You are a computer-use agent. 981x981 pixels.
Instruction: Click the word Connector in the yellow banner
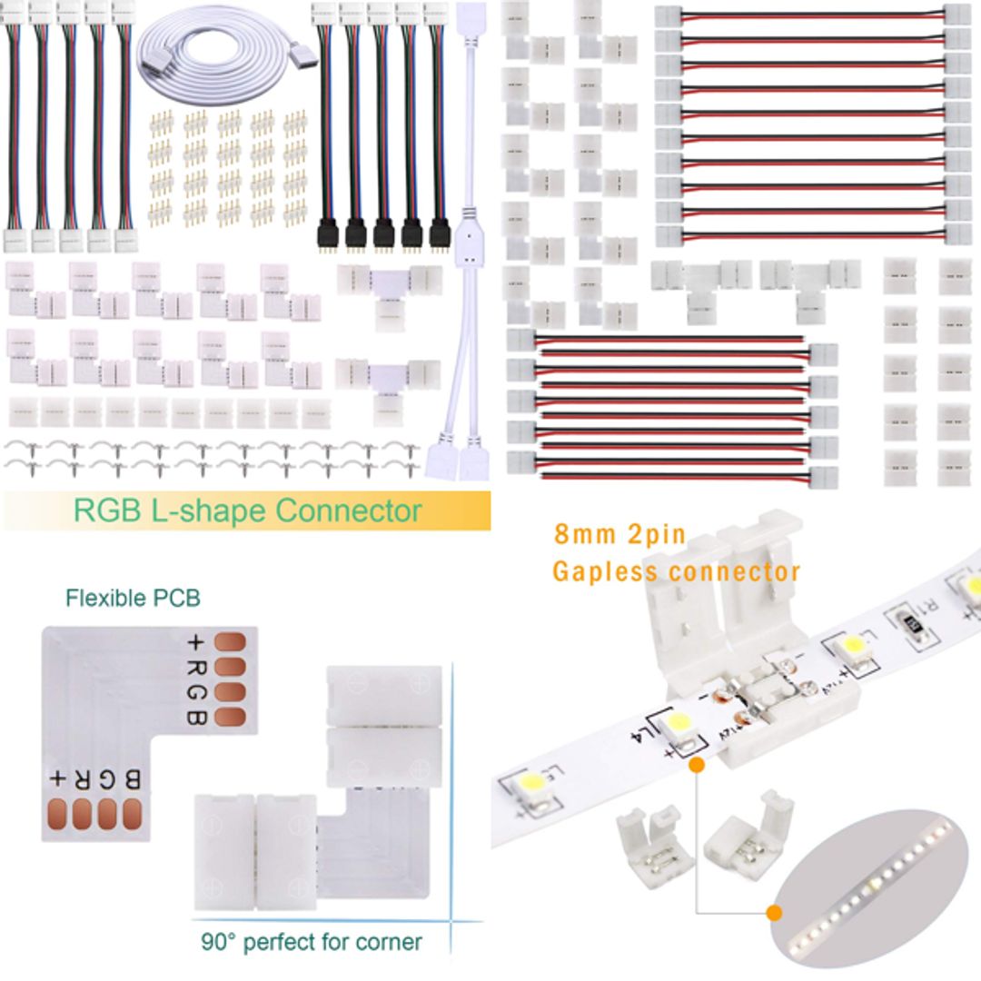tap(349, 510)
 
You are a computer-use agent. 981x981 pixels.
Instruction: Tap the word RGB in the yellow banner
tap(106, 510)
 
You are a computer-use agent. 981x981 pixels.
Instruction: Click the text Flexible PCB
tap(133, 598)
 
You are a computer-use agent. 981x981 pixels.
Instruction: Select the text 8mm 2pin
tap(619, 534)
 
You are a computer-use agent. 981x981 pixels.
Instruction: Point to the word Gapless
tap(605, 572)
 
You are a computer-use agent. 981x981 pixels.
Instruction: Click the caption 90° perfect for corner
tap(311, 942)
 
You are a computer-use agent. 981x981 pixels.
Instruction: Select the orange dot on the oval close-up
tap(775, 912)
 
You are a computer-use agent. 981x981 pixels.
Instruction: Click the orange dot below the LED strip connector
tap(697, 766)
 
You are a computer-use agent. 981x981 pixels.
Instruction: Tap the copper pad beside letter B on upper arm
tap(233, 718)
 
